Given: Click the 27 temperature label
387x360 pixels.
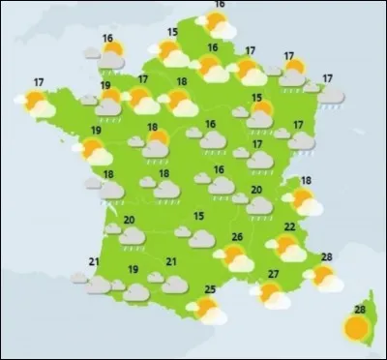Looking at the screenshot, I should tap(273, 275).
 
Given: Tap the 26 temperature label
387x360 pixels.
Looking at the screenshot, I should tap(236, 237).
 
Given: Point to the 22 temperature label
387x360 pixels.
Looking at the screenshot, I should tap(289, 226).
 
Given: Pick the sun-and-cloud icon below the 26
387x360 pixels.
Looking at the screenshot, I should tap(235, 257).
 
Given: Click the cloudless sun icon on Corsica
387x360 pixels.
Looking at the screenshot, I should tap(358, 329).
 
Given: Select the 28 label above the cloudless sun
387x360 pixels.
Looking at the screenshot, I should tap(361, 308).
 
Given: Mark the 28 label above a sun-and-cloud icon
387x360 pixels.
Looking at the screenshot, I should tap(327, 256).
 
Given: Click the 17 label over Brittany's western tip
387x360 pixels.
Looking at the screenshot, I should tap(39, 82).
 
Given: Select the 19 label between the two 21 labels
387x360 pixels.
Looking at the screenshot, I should tap(134, 270).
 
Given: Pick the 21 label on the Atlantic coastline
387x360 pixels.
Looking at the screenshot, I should tap(94, 263).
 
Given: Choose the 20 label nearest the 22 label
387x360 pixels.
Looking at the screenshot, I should tap(256, 190).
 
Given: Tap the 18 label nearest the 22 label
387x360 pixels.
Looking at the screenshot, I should tap(307, 181).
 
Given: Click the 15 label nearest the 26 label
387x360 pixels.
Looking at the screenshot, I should tap(199, 217).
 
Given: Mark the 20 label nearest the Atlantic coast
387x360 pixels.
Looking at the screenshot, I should tap(129, 221).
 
